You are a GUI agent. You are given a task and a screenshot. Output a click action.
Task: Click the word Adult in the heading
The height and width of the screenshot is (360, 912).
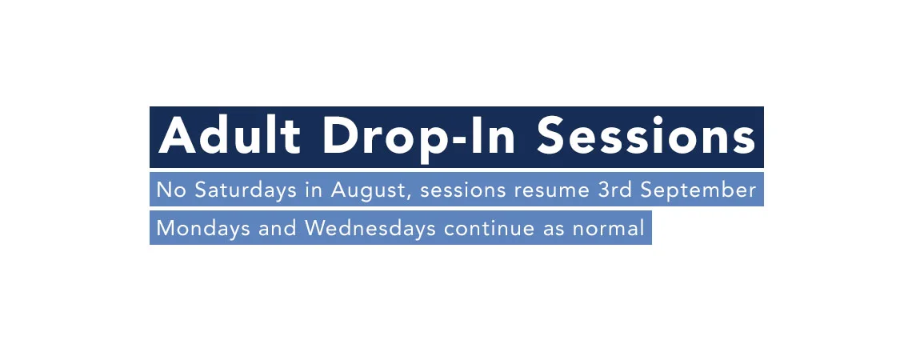point(229,135)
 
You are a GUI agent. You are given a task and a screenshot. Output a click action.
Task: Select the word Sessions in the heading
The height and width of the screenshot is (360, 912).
point(646,136)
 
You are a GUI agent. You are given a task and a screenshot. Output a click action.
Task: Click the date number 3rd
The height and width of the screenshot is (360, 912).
point(614,190)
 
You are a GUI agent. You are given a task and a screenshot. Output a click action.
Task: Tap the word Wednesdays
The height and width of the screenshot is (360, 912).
point(370,228)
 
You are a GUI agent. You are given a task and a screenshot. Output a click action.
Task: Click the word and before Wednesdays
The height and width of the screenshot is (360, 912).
point(278,228)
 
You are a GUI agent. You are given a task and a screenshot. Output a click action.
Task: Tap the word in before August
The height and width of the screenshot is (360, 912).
point(314,190)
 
